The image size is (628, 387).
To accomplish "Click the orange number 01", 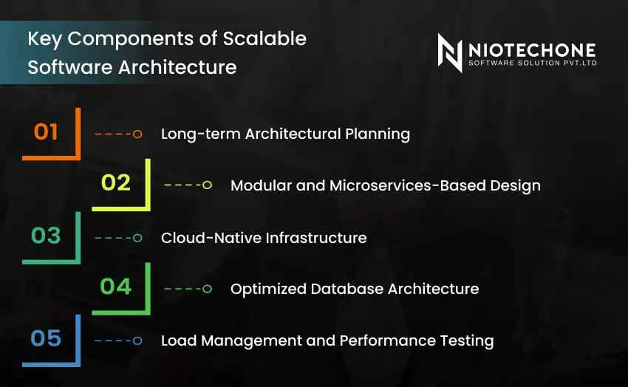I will [46, 132].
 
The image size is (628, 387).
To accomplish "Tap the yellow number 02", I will [116, 182].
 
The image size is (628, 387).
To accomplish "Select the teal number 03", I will [46, 236].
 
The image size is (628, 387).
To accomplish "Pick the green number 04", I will [116, 287].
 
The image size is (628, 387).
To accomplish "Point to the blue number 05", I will [46, 339].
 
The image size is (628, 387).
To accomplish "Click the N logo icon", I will [450, 52].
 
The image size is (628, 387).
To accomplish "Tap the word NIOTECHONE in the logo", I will [532, 50].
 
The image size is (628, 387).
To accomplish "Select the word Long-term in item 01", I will [200, 134].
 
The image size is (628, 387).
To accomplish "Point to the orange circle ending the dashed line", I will [137, 134].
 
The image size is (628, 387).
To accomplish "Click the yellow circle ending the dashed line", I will [208, 185].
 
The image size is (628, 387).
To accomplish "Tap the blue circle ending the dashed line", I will [137, 340].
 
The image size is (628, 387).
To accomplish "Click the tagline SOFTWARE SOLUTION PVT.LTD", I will [532, 64].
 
